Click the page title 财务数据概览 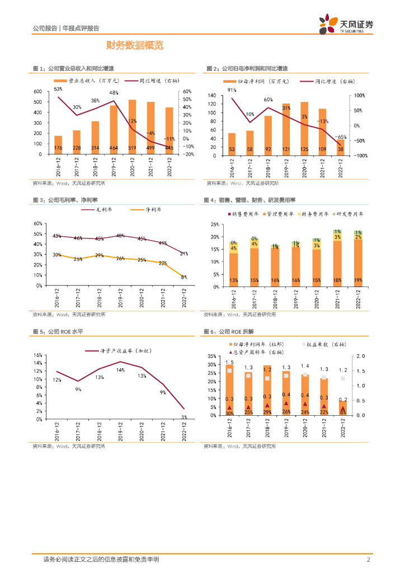[135, 45]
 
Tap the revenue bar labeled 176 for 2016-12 [58, 144]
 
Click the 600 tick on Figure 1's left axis [37, 92]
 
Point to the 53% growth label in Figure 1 [58, 89]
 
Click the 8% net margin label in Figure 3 [183, 277]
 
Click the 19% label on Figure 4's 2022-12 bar [357, 280]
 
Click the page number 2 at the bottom [369, 560]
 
